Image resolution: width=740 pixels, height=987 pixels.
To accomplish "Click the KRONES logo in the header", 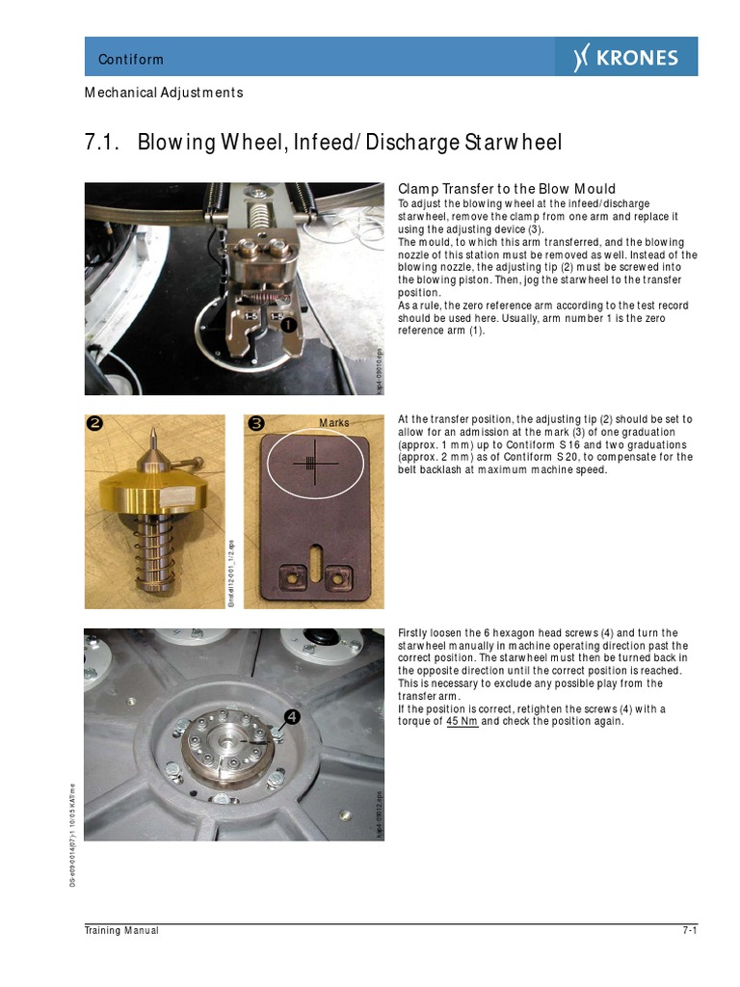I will tap(626, 58).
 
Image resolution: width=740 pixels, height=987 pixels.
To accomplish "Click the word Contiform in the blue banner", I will tap(131, 60).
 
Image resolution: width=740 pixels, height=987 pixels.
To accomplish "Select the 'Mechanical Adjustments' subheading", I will tap(164, 93).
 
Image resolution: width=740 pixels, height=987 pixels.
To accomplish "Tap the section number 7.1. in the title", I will tap(102, 143).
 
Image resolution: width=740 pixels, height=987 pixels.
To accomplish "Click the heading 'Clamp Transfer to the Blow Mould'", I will tap(507, 189).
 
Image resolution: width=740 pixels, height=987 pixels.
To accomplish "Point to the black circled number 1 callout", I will tap(289, 326).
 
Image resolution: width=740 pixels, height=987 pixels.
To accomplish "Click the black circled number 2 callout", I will tap(96, 424).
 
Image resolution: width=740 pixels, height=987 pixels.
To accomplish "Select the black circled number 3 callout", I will tap(256, 424).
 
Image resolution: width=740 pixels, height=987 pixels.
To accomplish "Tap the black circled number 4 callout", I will tap(289, 717).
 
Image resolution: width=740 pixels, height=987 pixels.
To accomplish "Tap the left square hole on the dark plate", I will tap(287, 578).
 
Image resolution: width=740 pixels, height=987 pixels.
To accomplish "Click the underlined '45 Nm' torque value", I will tap(462, 722).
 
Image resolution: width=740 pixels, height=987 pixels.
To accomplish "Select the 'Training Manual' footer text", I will tap(120, 931).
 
